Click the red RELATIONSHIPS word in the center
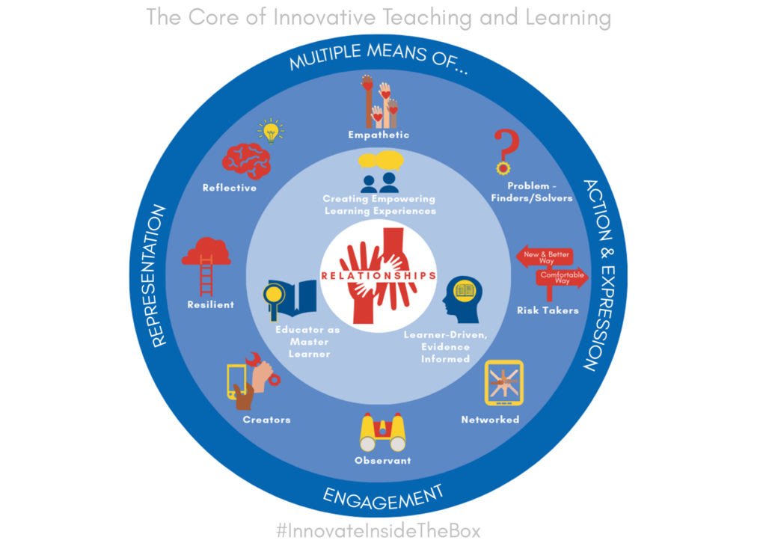378,275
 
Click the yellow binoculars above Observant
382,432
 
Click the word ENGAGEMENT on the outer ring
383,496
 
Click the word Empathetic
379,135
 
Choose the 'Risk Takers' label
548,310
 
